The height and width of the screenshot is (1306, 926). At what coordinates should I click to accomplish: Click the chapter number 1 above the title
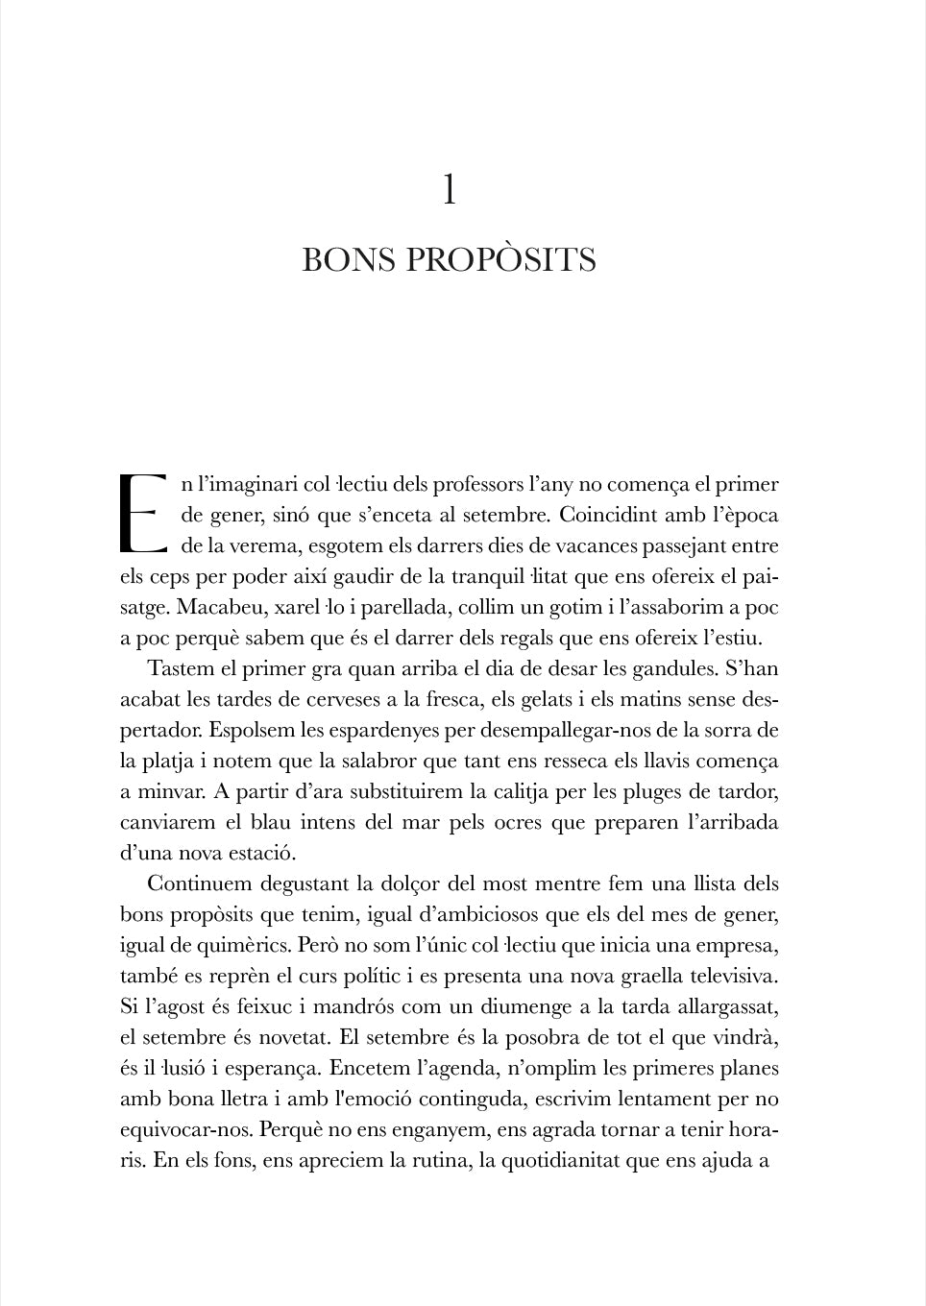(449, 190)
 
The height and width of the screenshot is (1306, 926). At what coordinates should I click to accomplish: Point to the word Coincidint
(614, 515)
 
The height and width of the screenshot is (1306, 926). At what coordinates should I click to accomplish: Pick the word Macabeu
(219, 607)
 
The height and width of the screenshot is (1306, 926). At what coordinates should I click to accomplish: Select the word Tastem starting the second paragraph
(181, 668)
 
